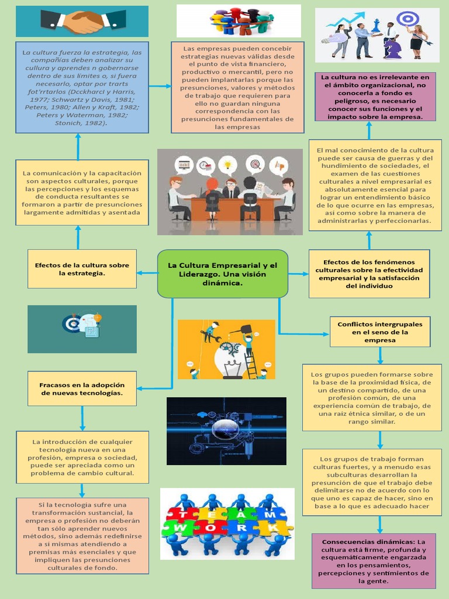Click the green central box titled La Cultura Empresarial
[223, 274]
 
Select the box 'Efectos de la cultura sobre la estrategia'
[82, 269]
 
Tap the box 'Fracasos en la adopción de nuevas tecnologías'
[82, 389]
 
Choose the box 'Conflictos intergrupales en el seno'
[380, 332]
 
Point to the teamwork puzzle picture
[227, 524]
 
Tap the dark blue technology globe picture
[226, 431]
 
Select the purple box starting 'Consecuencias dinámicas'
[374, 561]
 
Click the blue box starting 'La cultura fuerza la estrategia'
[82, 87]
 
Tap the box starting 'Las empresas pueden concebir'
[237, 87]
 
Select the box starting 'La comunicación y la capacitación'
[82, 192]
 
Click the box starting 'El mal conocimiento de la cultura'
[375, 185]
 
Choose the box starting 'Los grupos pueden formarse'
[372, 398]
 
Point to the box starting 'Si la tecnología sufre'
[82, 536]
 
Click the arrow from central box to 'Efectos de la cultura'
[147, 273]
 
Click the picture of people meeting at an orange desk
[230, 192]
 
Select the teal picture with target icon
[82, 329]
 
